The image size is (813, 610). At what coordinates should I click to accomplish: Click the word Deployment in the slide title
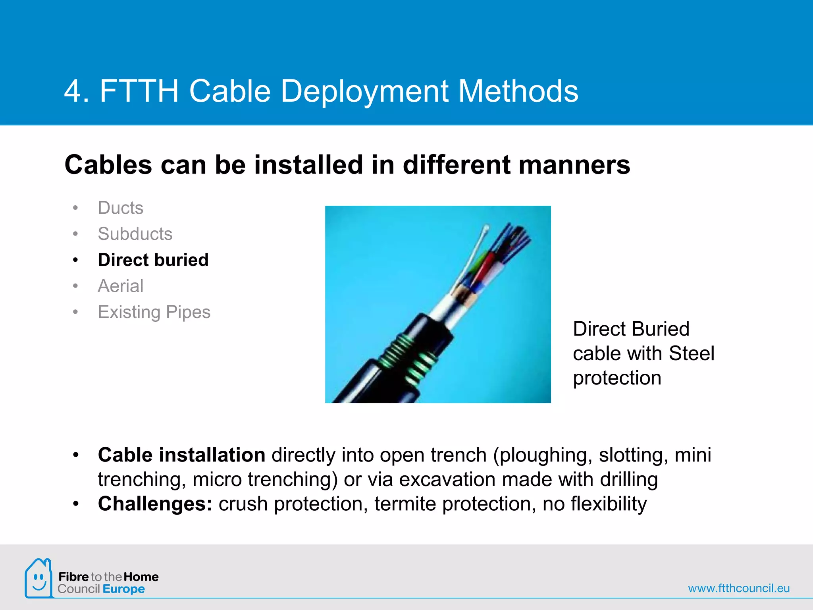coord(364,91)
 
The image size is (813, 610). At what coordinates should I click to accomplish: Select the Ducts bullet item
coord(120,208)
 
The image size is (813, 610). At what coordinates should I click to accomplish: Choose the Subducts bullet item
coord(135,234)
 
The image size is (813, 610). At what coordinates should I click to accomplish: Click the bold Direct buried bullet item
coord(153,260)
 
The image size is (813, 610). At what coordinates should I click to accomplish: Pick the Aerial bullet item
coord(120,286)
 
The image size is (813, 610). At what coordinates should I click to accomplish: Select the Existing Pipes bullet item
coord(154,312)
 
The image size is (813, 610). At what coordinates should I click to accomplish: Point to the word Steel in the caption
coord(691,353)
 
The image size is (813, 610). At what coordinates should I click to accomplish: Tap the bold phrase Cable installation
coord(181,455)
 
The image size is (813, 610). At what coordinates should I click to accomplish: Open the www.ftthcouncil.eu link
coord(738,588)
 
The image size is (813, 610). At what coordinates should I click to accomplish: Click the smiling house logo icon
coord(38,579)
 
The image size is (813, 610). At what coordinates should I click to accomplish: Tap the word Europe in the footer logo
coord(123,589)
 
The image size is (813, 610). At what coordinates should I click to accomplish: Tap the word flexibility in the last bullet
coord(609,504)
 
